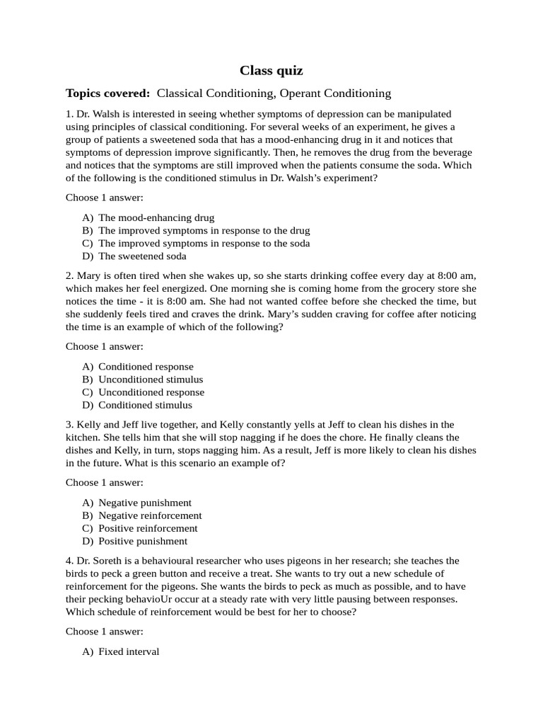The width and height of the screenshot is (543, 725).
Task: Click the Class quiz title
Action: [271, 70]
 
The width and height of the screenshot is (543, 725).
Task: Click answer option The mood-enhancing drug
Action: [156, 218]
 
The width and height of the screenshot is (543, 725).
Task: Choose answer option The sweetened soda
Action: [142, 256]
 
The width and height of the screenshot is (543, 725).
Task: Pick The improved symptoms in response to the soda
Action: [204, 244]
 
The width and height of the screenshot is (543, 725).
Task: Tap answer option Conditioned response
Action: [146, 367]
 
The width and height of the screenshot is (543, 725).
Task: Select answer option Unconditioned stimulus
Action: [151, 379]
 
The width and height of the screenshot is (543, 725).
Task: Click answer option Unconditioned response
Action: [151, 392]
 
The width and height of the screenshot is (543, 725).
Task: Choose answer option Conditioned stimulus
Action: [145, 405]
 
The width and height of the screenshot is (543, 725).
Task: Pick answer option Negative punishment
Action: [145, 503]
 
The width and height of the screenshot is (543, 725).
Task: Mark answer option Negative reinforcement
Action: [150, 515]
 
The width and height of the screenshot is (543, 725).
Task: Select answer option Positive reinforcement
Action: [148, 528]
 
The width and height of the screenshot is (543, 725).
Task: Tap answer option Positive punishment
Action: [143, 541]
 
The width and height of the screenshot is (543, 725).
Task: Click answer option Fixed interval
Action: [129, 651]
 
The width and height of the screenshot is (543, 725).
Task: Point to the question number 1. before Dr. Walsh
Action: [69, 114]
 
